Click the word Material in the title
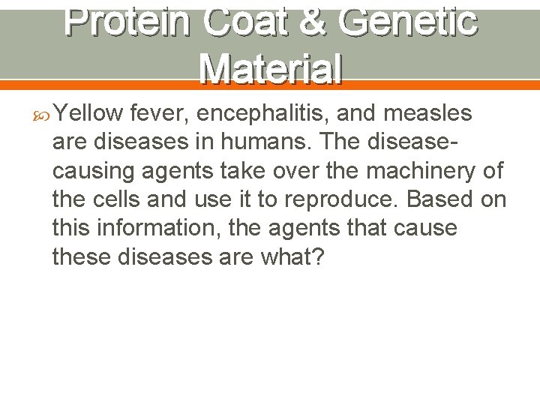click(x=271, y=69)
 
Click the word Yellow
click(x=88, y=113)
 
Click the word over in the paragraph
click(x=289, y=172)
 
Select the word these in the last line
click(x=82, y=257)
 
